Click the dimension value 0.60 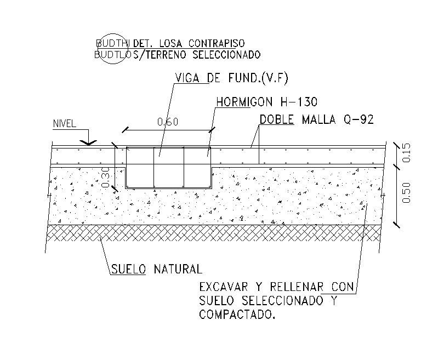(168, 122)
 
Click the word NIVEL (65, 123)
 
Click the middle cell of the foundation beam (168, 167)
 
